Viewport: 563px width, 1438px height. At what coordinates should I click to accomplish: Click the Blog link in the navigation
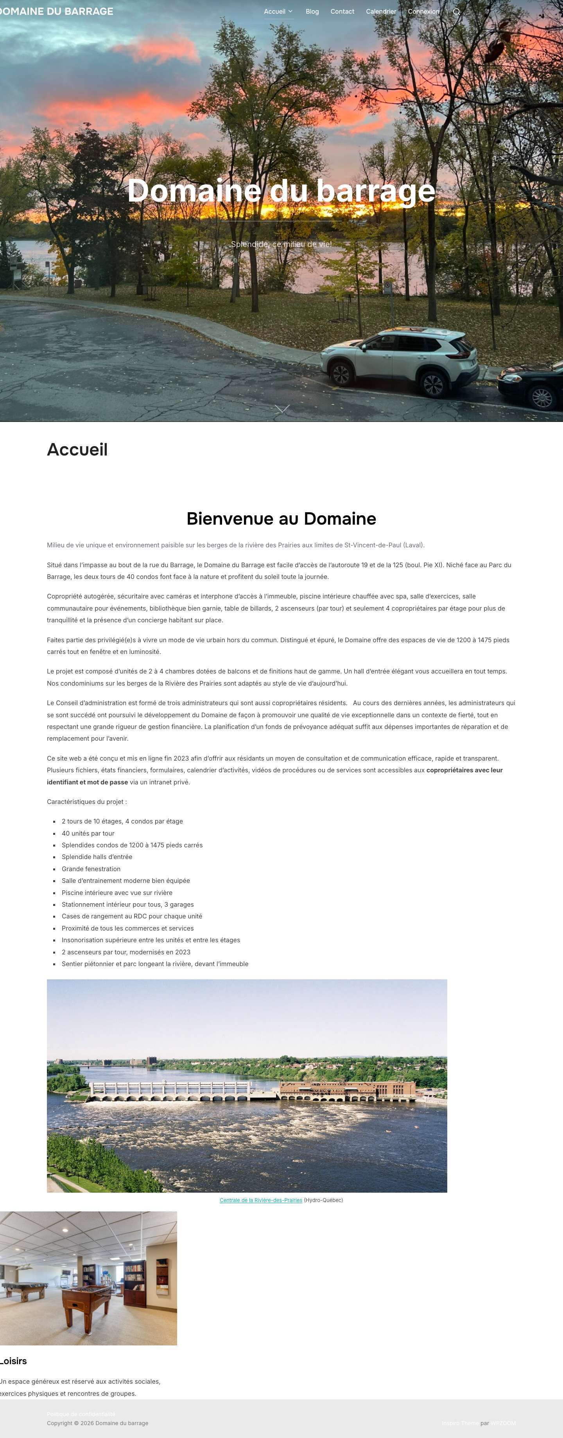[x=312, y=12]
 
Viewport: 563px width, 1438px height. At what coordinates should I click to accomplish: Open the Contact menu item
[x=342, y=12]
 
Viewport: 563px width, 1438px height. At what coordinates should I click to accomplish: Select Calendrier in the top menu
[x=381, y=12]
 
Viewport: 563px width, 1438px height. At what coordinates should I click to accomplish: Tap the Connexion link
[x=423, y=12]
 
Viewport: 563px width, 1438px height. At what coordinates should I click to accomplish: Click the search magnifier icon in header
[x=456, y=12]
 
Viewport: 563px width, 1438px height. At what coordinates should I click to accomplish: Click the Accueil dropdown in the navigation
[x=278, y=12]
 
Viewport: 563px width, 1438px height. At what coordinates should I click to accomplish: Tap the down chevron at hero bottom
[x=282, y=409]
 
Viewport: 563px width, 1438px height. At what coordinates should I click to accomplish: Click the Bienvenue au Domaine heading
[x=281, y=519]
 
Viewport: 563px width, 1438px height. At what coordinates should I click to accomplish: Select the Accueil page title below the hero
[x=77, y=449]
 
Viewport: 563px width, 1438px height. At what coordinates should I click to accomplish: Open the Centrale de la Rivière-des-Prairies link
[x=261, y=1200]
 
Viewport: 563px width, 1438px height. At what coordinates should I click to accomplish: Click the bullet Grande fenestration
[x=91, y=868]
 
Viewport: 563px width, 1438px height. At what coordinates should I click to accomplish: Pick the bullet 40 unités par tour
[x=88, y=833]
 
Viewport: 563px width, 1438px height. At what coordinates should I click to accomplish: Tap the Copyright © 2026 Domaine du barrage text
[x=98, y=1423]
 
